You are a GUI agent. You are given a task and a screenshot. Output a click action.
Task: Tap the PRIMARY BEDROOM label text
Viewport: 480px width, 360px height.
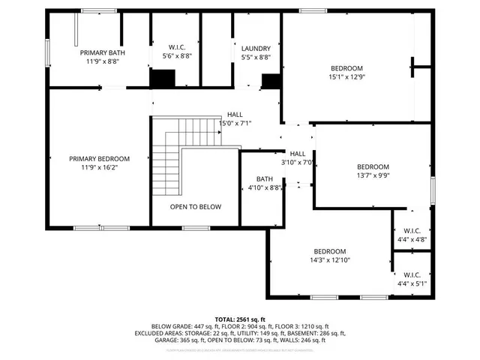pos(99,159)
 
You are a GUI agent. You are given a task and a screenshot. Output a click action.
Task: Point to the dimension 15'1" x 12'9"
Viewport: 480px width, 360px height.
pos(346,76)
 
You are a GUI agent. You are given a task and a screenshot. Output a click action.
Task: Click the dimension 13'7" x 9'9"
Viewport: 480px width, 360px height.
pos(373,175)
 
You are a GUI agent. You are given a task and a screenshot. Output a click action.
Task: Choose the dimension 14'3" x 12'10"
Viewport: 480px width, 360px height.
pos(329,260)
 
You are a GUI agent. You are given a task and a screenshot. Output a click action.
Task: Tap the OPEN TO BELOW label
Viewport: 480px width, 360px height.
pos(195,207)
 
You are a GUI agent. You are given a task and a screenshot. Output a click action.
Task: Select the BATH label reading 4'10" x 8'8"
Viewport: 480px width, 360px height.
pos(264,179)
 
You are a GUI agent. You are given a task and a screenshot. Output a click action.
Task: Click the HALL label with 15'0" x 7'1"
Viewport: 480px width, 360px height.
pos(235,115)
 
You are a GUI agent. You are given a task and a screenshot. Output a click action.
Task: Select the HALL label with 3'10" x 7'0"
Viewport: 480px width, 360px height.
pos(297,153)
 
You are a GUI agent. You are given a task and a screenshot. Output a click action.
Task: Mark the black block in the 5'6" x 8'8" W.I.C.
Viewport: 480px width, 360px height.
pos(163,78)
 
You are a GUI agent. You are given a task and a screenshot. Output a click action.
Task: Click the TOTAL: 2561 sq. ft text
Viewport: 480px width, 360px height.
pos(240,319)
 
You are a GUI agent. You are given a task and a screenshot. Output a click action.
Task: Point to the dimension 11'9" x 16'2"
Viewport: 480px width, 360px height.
pos(99,168)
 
